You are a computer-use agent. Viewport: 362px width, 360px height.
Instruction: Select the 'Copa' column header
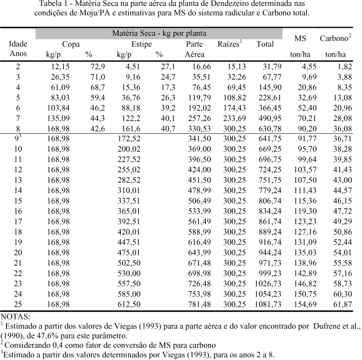[x=71, y=44]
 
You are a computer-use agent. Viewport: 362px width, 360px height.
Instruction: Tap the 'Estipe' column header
[x=141, y=44]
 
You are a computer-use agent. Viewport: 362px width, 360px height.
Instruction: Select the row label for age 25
[x=18, y=303]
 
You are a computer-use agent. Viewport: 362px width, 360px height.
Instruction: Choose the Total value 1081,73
[x=268, y=303]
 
